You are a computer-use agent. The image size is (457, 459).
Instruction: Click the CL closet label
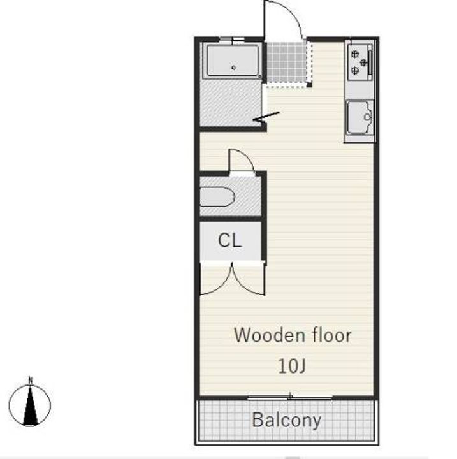[230, 240]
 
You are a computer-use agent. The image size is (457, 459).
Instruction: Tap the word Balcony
[286, 420]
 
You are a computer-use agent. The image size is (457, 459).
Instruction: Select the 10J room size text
[292, 366]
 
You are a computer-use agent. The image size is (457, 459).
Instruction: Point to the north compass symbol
[30, 405]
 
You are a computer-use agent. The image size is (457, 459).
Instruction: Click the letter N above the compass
[31, 380]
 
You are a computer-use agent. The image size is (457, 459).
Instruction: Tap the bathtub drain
[234, 68]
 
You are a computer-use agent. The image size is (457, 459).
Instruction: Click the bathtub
[233, 61]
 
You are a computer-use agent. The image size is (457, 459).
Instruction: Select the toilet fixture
[217, 197]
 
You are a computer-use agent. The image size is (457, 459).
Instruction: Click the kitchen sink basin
[360, 117]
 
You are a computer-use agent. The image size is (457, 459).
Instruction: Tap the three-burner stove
[360, 62]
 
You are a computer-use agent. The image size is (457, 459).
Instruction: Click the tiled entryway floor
[286, 62]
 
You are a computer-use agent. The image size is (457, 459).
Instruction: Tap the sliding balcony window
[290, 398]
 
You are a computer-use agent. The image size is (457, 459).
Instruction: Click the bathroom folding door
[266, 117]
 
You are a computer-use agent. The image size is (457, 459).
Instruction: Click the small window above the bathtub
[232, 39]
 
